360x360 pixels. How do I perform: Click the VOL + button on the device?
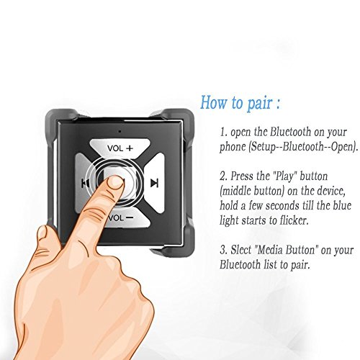(120, 147)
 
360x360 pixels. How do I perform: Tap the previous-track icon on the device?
(85, 184)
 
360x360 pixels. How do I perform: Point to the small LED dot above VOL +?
(120, 131)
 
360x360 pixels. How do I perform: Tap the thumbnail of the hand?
(42, 233)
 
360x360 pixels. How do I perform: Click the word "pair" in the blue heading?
(260, 103)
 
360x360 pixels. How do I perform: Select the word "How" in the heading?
(214, 102)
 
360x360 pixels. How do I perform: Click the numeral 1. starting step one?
(223, 132)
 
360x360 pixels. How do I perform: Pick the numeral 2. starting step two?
(223, 176)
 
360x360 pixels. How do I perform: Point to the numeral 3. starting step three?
(223, 250)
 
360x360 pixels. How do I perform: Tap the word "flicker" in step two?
(294, 220)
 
